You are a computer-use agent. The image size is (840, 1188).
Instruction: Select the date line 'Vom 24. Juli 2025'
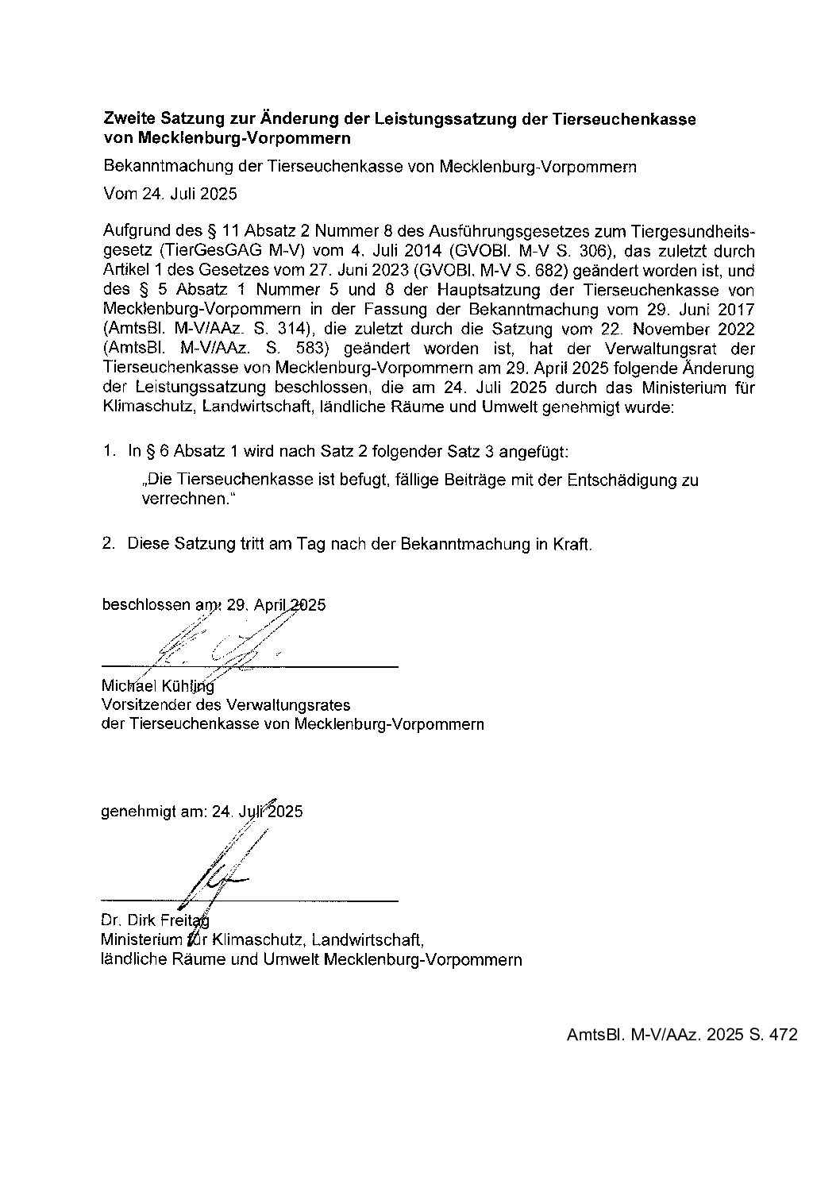pos(170,193)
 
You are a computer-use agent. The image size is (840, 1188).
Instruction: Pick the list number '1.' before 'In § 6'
pos(110,452)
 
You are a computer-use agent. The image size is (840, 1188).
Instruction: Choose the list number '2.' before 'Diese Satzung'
pos(110,544)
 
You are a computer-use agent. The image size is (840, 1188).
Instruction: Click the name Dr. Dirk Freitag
pos(155,921)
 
